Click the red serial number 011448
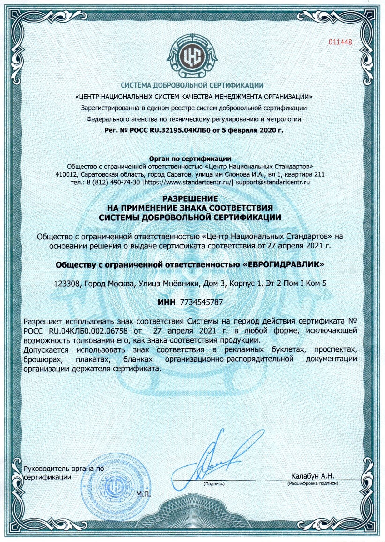click(x=340, y=42)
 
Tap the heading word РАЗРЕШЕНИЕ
click(x=190, y=198)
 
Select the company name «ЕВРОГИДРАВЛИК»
click(x=283, y=265)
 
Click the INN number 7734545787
click(x=202, y=302)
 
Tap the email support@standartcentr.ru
click(x=273, y=182)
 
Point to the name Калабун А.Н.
click(x=312, y=476)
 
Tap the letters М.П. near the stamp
click(x=144, y=494)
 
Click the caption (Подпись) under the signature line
click(x=214, y=484)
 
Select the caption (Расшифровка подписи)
click(x=312, y=483)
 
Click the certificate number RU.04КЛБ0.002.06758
click(x=88, y=331)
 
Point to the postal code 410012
click(x=65, y=174)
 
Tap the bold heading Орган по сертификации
click(x=190, y=159)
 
